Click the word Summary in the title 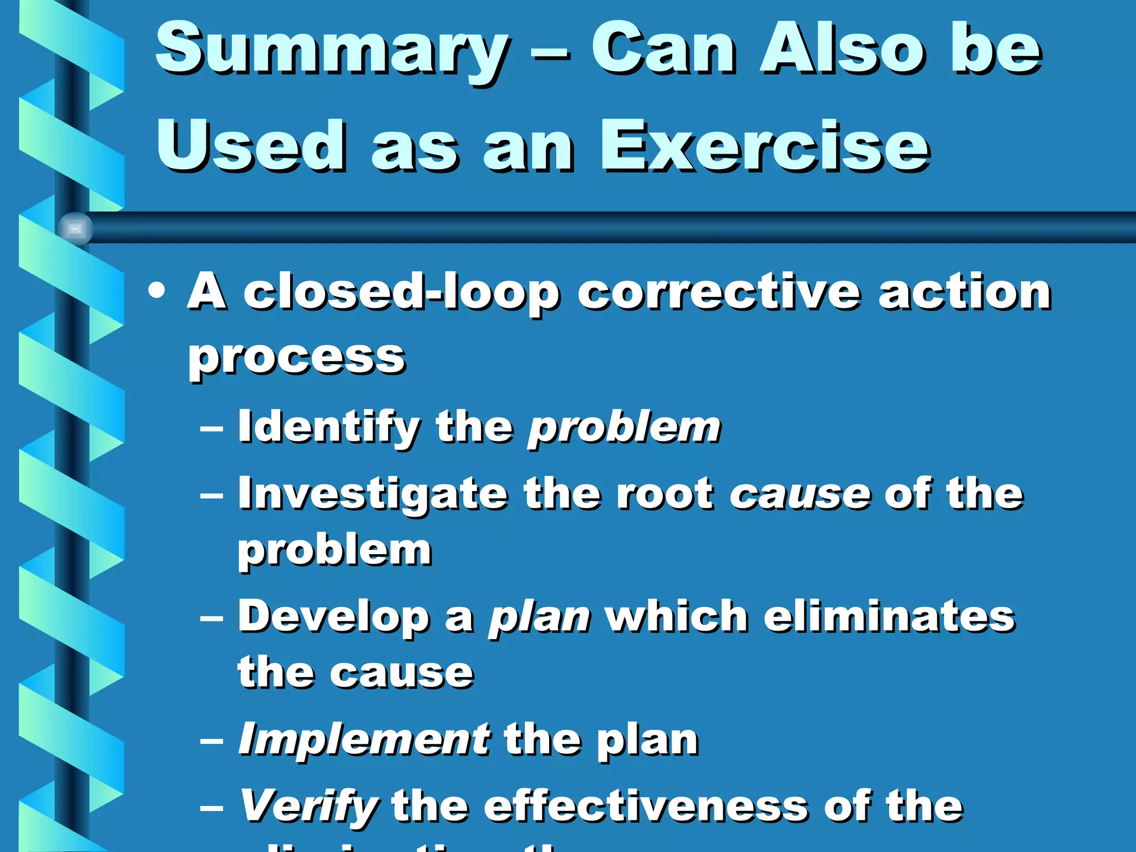coord(331,51)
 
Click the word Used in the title coord(251,147)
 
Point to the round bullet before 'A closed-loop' coord(157,291)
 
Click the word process coord(297,358)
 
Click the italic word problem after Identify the coord(624,428)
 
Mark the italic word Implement coord(364,740)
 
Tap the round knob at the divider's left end coord(75,228)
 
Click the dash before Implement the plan coord(211,741)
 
